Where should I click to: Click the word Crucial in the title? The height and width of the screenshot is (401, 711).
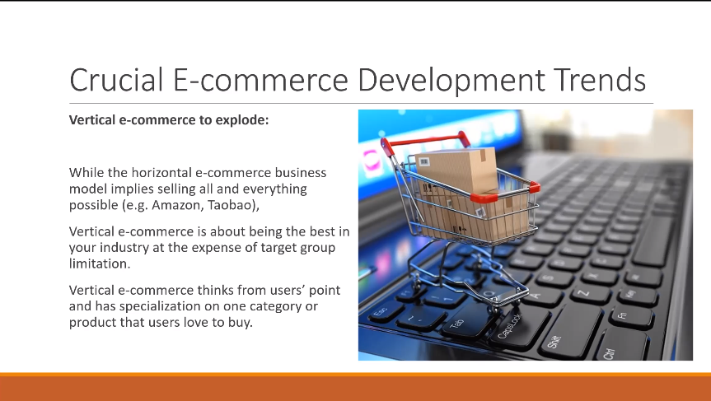pos(116,80)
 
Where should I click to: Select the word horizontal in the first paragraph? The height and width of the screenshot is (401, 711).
pos(161,173)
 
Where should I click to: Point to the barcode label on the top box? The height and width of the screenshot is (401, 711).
pos(424,161)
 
